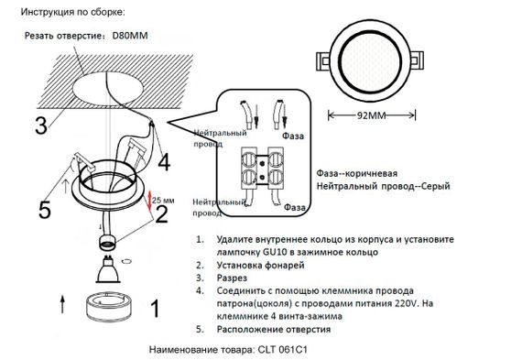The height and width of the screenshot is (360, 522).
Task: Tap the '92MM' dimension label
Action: point(372,115)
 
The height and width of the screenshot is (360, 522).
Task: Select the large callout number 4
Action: point(162,162)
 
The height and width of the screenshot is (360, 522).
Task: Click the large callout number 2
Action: point(161,214)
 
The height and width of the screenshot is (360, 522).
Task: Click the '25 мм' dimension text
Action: point(165,199)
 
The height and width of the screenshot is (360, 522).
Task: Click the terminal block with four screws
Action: point(262,166)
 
